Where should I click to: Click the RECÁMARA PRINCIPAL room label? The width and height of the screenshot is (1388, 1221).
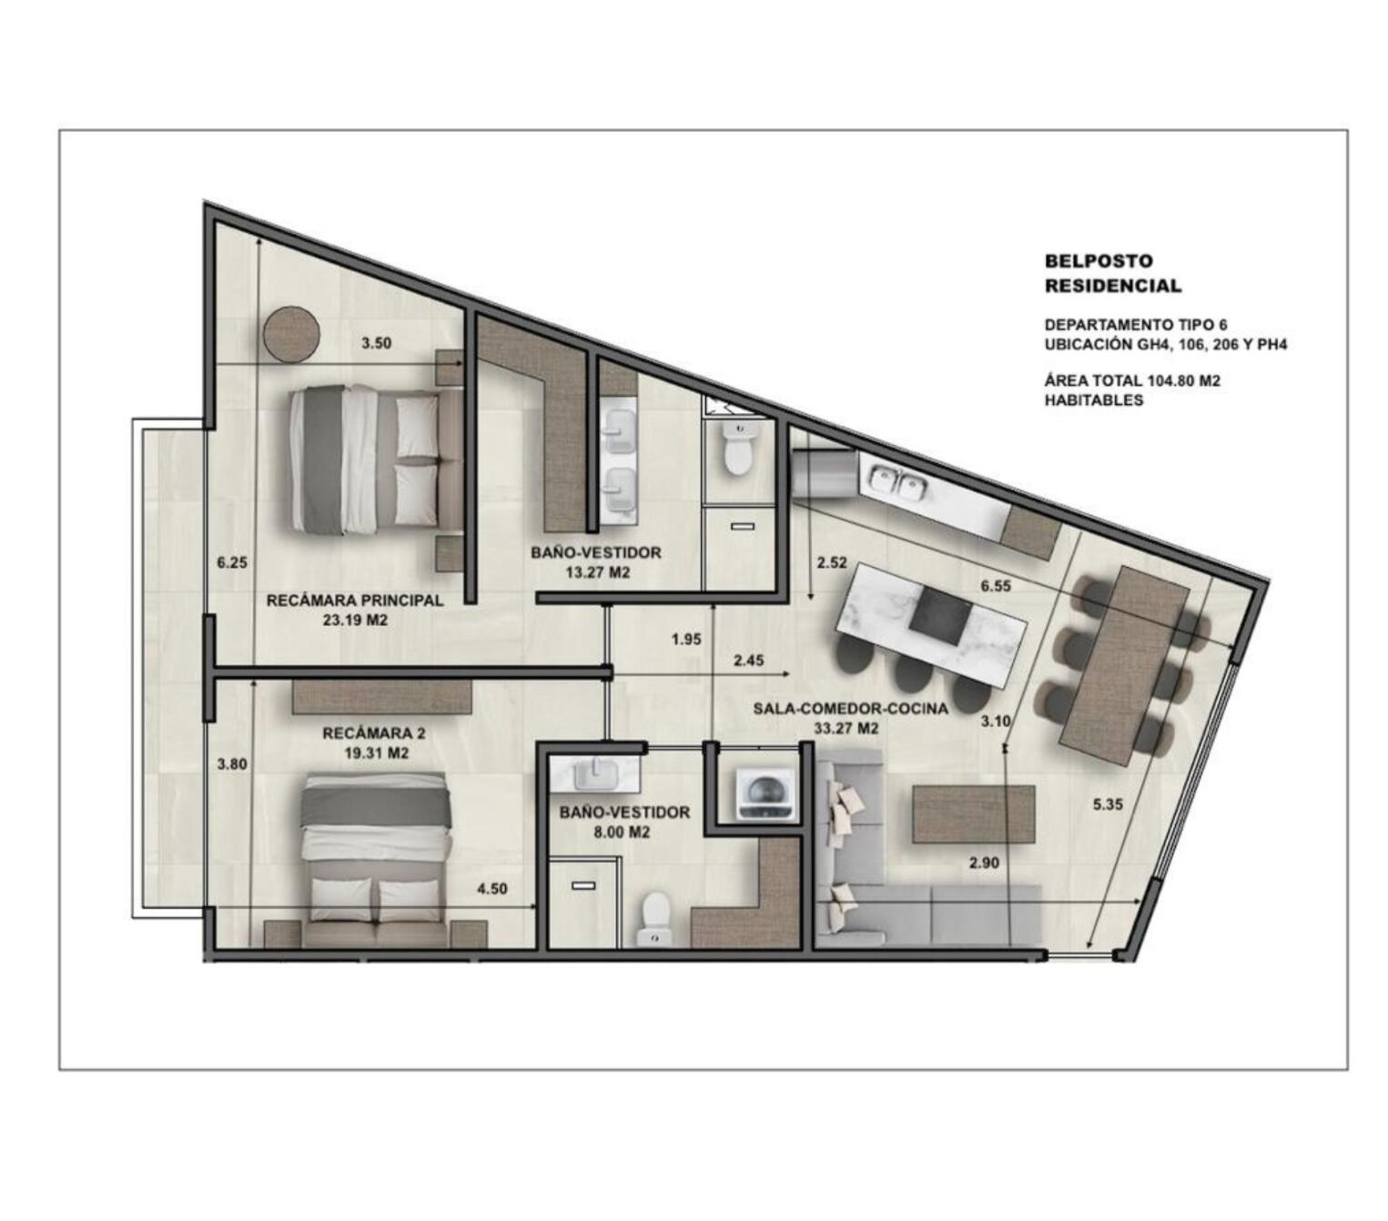click(354, 600)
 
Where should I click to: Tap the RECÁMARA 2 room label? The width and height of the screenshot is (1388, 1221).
click(373, 733)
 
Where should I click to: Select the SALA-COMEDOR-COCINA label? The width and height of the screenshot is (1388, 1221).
click(850, 709)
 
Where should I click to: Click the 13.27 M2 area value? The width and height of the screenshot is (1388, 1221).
click(597, 572)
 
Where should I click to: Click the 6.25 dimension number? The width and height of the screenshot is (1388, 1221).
click(231, 563)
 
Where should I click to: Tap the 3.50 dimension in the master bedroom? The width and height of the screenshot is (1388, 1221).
click(376, 343)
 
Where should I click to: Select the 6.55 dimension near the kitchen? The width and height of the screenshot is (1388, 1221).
click(996, 586)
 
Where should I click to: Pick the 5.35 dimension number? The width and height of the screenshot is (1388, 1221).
click(1108, 804)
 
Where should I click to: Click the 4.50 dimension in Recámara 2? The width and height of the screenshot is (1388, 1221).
click(491, 889)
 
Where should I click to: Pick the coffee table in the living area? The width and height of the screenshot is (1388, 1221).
click(974, 813)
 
